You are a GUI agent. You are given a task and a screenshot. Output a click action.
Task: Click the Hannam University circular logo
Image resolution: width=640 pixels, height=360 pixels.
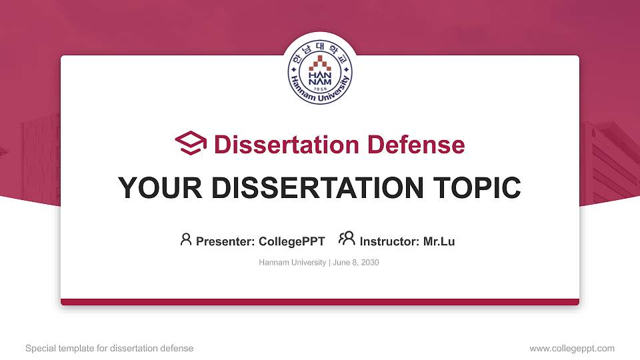click(320, 72)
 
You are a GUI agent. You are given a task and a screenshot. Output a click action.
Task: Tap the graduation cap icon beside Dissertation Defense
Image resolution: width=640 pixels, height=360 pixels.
click(191, 143)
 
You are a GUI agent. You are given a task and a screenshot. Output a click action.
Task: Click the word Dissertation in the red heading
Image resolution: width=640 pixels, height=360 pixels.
click(286, 145)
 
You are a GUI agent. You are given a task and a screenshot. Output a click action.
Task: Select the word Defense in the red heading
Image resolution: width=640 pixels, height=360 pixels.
click(416, 145)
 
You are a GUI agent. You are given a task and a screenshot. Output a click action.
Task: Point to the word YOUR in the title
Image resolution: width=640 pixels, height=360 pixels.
click(160, 188)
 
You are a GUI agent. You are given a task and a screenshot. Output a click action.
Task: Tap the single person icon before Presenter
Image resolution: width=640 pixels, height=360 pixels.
click(186, 239)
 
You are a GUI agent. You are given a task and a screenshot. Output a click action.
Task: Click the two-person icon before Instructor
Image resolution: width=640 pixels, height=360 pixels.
click(347, 239)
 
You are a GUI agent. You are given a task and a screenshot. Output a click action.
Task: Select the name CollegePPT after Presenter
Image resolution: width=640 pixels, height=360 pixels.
click(292, 241)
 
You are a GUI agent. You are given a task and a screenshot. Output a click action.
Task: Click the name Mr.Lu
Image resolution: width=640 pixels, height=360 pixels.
click(439, 241)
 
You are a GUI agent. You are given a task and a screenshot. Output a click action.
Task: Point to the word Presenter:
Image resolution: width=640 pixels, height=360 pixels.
click(225, 241)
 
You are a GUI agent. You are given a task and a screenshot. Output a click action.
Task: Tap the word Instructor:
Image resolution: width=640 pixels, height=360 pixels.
click(389, 241)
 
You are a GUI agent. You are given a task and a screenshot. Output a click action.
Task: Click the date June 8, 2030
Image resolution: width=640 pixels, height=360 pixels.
click(356, 263)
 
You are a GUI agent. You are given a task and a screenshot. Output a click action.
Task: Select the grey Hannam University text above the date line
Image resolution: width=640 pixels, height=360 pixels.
click(292, 263)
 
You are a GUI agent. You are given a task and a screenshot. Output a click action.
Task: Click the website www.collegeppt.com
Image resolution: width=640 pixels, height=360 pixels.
click(572, 349)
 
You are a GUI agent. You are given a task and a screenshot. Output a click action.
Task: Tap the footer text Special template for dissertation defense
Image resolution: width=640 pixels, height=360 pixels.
click(109, 349)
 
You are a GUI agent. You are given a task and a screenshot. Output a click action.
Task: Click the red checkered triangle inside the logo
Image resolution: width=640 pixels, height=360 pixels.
click(320, 63)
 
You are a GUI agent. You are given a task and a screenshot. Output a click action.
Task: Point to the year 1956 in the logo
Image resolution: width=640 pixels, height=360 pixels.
click(321, 89)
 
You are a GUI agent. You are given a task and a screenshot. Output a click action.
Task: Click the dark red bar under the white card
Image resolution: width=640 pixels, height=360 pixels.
click(320, 302)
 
